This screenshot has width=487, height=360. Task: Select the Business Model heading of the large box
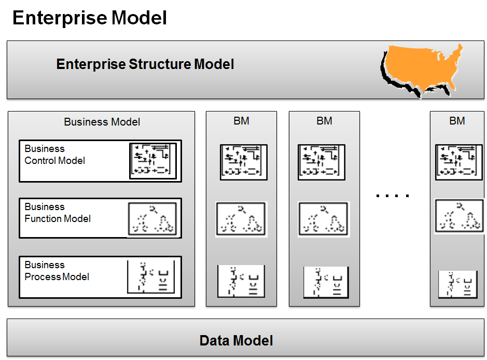point(102,122)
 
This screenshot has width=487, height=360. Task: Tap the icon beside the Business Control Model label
point(152,161)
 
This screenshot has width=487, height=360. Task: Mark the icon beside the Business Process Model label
point(151,277)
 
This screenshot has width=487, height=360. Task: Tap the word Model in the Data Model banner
point(254,341)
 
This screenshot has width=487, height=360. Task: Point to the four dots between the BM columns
point(393,196)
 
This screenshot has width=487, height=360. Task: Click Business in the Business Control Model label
point(45,149)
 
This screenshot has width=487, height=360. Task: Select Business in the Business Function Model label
point(45,207)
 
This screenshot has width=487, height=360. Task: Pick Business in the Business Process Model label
point(45,265)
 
